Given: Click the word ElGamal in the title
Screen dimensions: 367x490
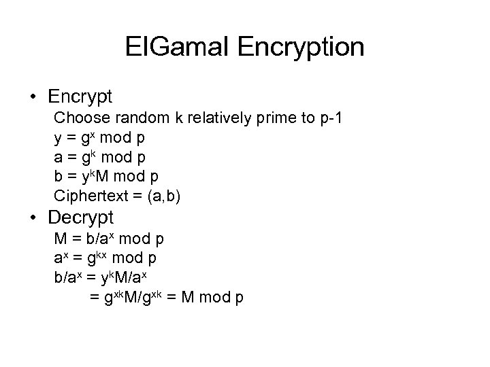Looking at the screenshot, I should (176, 47).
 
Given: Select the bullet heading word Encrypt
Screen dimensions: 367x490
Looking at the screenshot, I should (84, 96).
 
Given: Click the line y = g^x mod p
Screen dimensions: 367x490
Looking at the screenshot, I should (99, 138).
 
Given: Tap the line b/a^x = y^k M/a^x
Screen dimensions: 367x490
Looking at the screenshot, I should (108, 279).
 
